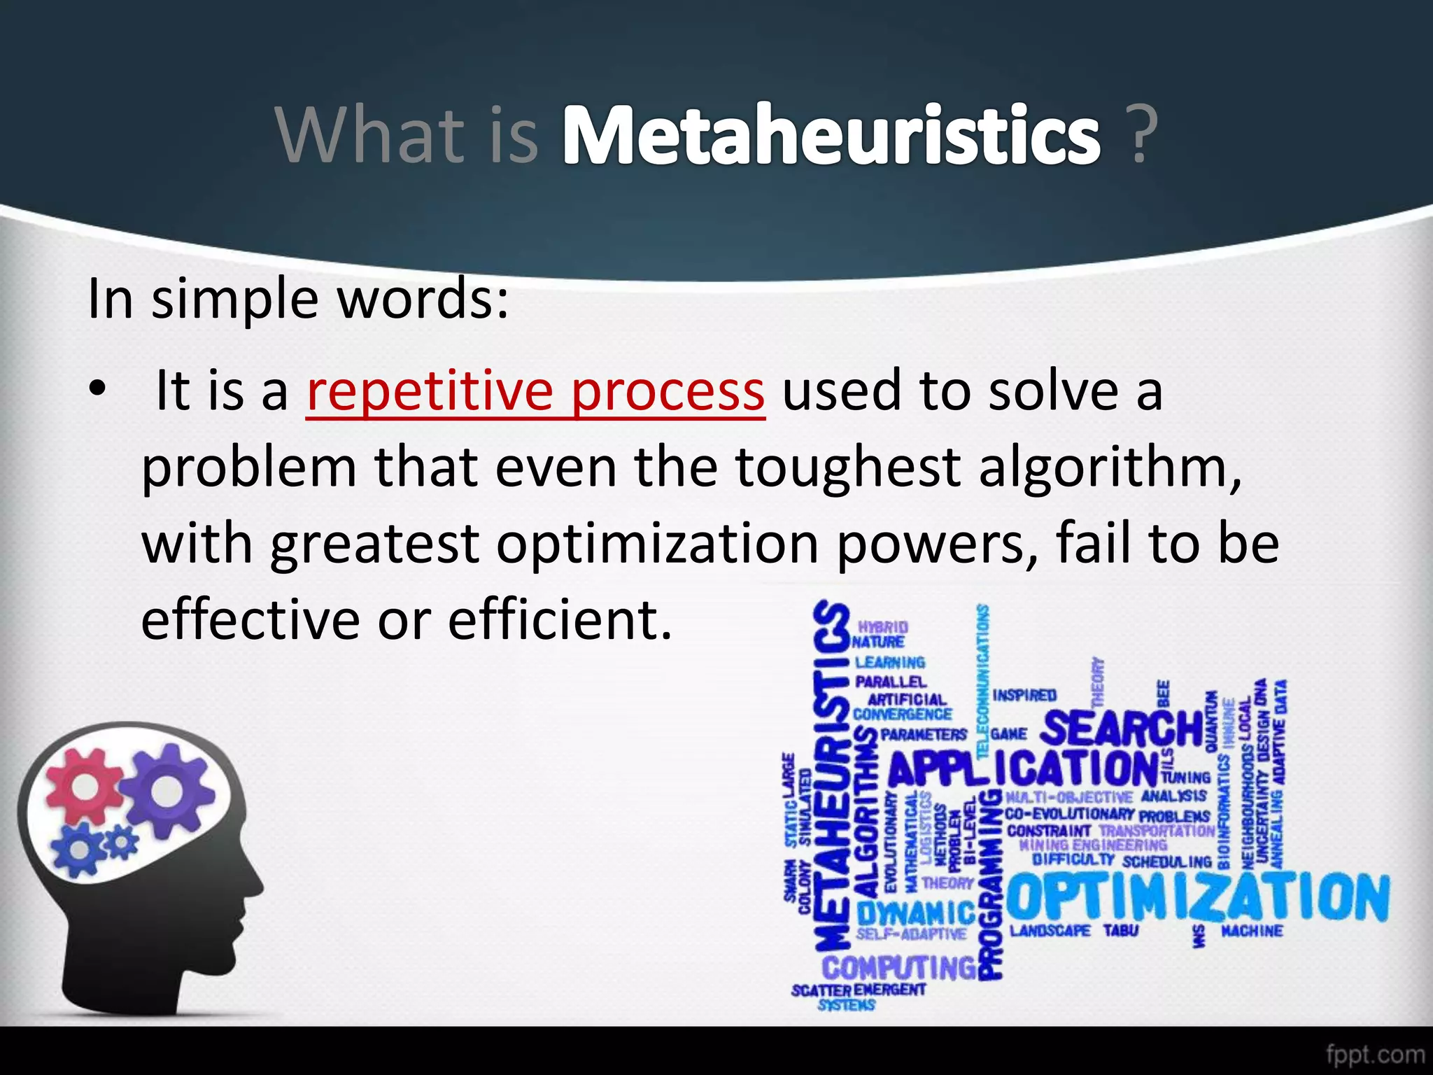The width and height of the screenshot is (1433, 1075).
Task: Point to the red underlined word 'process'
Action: coord(668,392)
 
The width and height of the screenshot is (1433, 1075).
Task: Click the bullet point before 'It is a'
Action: coord(97,388)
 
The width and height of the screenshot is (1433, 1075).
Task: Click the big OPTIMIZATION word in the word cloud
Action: coord(1196,899)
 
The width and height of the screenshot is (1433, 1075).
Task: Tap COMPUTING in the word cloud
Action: coord(899,968)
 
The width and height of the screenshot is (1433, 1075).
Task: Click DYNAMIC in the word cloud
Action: coord(915,913)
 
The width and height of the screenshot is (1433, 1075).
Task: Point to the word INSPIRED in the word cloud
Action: coord(1024,696)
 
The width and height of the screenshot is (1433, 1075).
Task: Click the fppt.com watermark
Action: coord(1375,1054)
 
